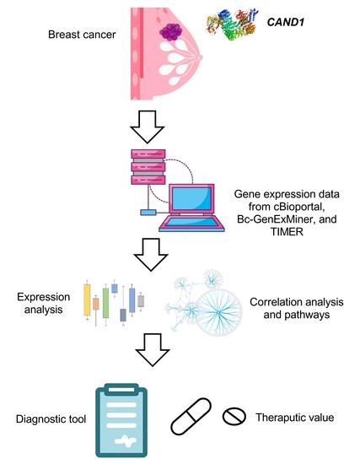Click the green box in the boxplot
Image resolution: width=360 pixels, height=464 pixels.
(105, 301)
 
